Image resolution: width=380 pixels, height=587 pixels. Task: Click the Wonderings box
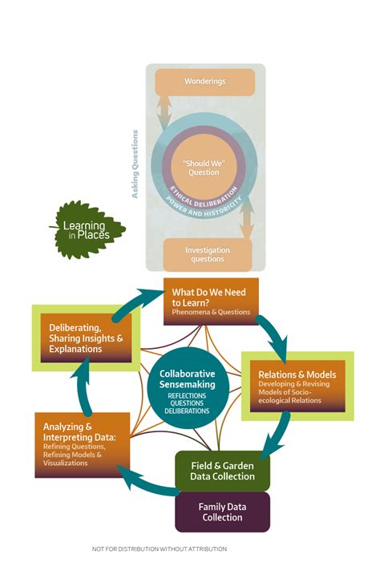204,82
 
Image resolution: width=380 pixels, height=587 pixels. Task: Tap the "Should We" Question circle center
204,166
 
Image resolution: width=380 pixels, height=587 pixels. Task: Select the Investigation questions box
208,253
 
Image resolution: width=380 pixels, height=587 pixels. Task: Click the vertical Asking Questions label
135,164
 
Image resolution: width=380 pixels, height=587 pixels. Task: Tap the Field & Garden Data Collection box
222,470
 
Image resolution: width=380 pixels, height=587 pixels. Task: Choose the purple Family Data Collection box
222,512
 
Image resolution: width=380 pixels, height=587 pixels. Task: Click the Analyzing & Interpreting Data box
82,444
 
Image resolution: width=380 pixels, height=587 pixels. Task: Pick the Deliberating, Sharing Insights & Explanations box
86,338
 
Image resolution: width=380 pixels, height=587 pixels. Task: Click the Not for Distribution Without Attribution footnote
160,549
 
